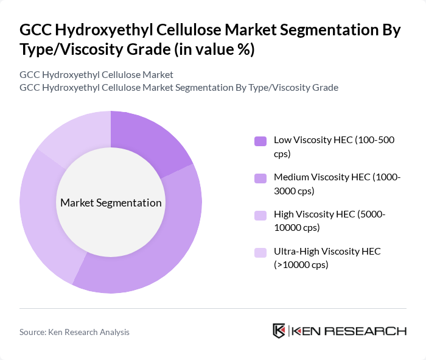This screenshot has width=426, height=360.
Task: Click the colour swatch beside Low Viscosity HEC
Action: click(x=260, y=141)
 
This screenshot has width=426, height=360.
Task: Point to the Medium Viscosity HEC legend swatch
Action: click(x=260, y=178)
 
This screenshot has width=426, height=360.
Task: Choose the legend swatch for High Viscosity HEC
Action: click(x=260, y=215)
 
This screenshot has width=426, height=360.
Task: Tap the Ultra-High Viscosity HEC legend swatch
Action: click(x=260, y=252)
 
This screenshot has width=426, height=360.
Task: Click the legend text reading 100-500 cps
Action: click(x=333, y=147)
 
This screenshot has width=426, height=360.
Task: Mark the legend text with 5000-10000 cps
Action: click(x=329, y=221)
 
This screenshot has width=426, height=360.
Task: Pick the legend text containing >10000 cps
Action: click(x=301, y=264)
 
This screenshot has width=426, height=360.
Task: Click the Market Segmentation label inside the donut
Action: click(x=111, y=203)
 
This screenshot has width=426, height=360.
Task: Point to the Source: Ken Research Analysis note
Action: click(x=74, y=332)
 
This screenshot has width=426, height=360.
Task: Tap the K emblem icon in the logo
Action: click(x=279, y=331)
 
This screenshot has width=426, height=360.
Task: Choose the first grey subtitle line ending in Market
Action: click(x=96, y=74)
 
